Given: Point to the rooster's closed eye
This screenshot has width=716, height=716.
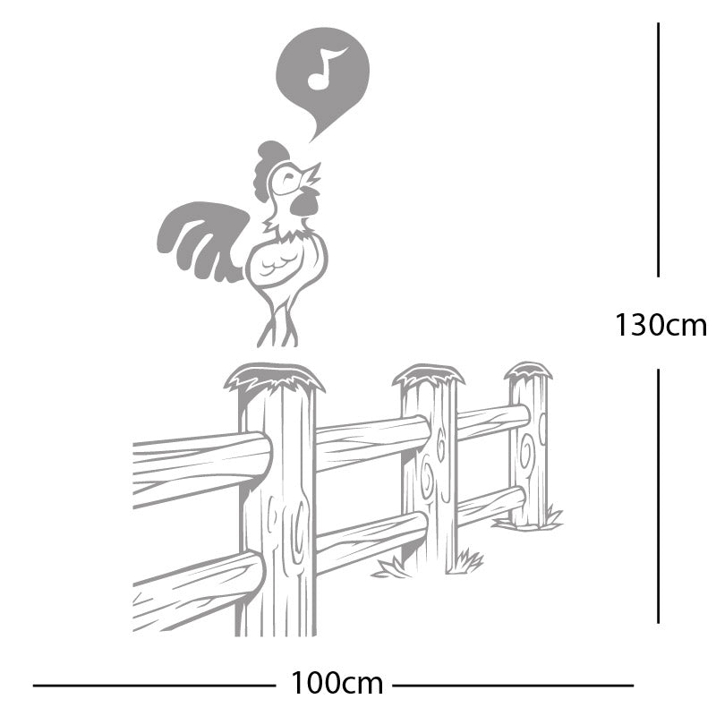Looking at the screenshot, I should [288, 179].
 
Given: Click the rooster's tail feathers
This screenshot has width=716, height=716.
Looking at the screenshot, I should [199, 237].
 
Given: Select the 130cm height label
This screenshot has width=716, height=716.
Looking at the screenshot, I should [660, 324].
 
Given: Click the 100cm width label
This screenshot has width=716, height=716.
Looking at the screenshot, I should [336, 685].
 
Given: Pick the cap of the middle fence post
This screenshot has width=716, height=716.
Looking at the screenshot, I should [429, 374].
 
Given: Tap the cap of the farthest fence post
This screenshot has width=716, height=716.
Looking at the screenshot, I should [528, 370].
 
